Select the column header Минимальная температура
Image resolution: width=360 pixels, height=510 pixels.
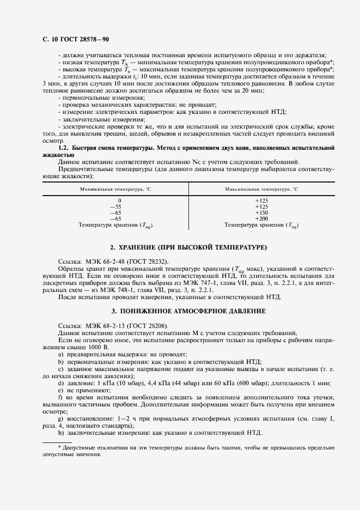(x=112, y=189)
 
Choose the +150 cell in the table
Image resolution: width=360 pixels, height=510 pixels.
(x=261, y=212)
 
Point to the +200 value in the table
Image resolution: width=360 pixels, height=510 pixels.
(x=261, y=218)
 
